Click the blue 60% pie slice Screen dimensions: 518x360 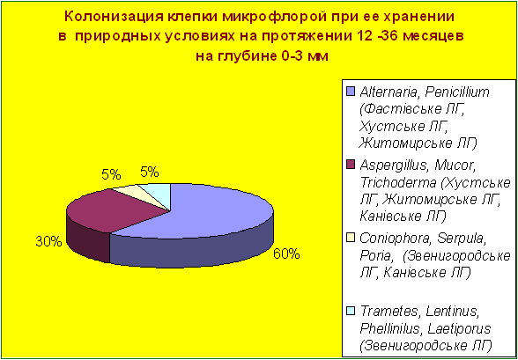click(211, 224)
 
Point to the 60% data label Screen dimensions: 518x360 click(285, 254)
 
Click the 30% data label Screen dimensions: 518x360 click(48, 242)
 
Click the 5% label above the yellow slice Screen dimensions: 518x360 click(111, 174)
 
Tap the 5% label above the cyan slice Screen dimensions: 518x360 click(150, 172)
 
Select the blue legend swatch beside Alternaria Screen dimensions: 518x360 click(351, 91)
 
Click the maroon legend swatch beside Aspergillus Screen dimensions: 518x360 click(351, 164)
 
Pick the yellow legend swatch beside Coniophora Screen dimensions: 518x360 click(351, 238)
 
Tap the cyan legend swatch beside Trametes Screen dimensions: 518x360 click(351, 311)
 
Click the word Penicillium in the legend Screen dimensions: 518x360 click(456, 92)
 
